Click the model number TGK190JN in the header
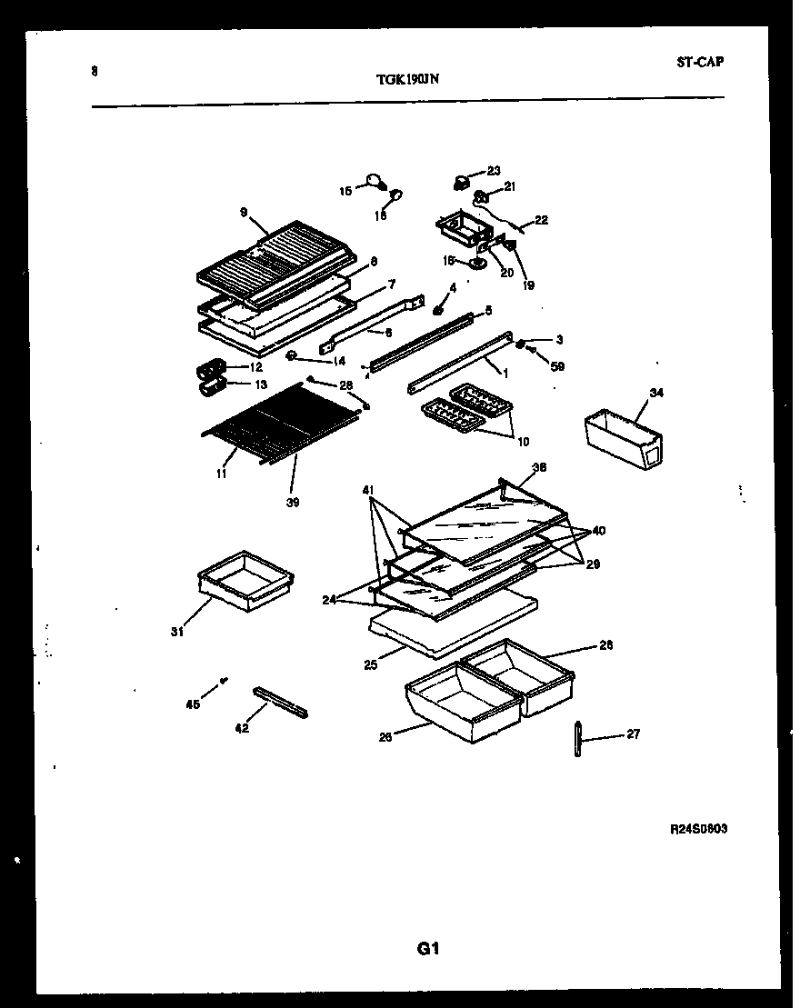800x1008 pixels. point(408,79)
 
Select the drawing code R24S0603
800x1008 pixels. point(698,829)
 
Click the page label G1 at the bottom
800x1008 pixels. point(428,949)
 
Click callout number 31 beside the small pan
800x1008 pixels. point(177,632)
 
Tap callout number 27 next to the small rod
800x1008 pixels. point(633,734)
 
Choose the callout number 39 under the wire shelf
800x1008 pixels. point(292,502)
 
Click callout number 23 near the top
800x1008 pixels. point(494,170)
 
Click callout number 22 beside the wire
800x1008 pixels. point(541,220)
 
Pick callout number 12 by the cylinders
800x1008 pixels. point(256,367)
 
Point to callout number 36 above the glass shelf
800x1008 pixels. point(539,468)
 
